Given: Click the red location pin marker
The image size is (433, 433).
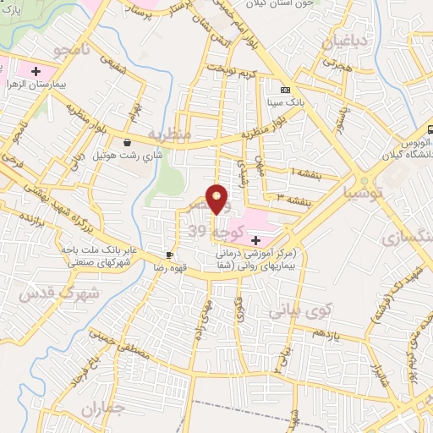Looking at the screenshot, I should (217, 198).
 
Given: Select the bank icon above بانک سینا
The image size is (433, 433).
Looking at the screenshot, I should (285, 90).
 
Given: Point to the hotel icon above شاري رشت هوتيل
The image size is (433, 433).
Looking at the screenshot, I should (127, 143).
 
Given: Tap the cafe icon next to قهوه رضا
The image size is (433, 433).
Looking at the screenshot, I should (170, 255).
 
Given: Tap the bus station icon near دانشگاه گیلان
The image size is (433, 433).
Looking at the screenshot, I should (430, 130).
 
